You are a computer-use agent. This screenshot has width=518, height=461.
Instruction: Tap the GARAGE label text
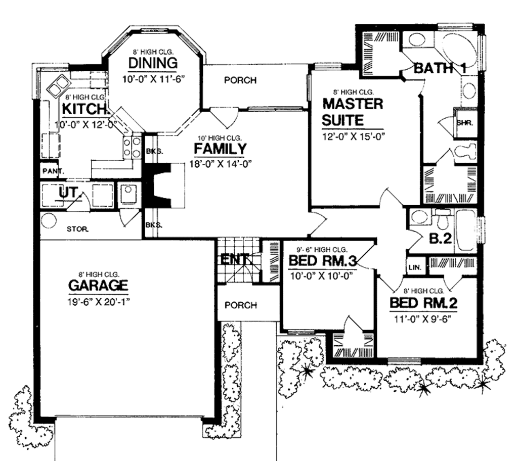click(98, 286)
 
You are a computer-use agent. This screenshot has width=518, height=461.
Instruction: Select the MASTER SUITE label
click(352, 112)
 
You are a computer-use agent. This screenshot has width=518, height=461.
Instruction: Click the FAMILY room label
click(220, 149)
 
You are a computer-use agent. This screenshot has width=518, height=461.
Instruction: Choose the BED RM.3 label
click(323, 261)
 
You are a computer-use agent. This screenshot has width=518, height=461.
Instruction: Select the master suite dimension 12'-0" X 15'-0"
click(353, 136)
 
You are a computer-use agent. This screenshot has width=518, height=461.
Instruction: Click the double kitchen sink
click(59, 85)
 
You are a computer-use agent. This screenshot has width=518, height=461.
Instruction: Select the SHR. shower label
click(464, 122)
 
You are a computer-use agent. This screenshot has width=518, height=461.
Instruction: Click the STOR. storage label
click(78, 229)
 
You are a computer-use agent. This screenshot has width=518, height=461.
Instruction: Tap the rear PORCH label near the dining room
click(240, 80)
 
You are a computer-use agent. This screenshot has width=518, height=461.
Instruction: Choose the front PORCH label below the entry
click(240, 305)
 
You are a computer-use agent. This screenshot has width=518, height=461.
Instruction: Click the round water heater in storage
click(49, 220)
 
